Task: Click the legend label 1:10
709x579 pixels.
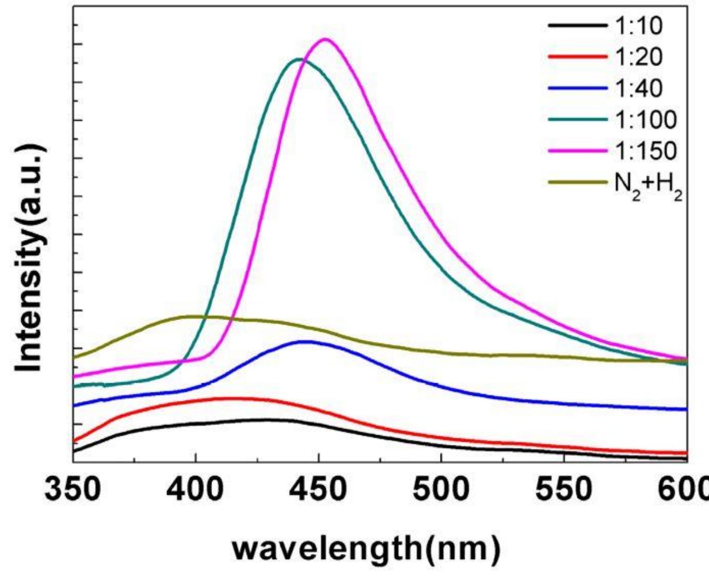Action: [x=638, y=26]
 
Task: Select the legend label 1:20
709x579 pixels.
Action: [x=638, y=57]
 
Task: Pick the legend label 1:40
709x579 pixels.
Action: [x=638, y=88]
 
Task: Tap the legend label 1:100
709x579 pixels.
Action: [x=646, y=119]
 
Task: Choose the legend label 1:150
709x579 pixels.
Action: [x=646, y=150]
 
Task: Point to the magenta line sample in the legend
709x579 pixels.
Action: [x=578, y=150]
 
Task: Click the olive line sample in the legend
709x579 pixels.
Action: [x=578, y=182]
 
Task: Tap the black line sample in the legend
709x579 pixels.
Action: [x=578, y=26]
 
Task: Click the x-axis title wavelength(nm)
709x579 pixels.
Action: [x=366, y=549]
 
